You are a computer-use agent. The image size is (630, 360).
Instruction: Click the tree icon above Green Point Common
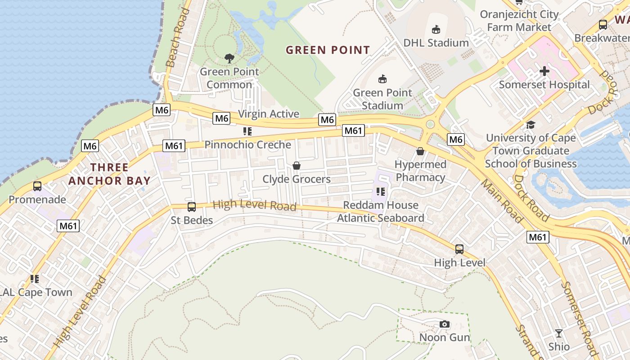coord(229,58)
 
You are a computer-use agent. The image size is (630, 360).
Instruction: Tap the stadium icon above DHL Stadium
coord(436,30)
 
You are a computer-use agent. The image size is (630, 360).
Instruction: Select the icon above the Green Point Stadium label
coord(382,79)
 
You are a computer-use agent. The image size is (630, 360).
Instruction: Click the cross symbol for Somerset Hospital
coord(544,71)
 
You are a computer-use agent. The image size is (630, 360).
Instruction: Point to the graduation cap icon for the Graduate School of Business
coord(531,125)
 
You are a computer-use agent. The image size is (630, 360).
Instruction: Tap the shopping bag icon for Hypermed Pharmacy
coord(420,151)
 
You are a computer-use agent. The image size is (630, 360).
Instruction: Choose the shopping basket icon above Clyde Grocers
coord(297,166)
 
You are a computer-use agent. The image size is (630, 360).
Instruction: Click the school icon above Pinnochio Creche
coord(247,131)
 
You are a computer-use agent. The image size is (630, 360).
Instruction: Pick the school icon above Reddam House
coord(381,192)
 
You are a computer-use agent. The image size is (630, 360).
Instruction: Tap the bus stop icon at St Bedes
coord(192,207)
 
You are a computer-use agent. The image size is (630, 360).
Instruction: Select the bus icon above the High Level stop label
coord(459,249)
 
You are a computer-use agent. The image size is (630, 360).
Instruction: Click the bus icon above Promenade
coord(37,186)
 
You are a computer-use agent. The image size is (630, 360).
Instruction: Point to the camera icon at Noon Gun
coord(445,324)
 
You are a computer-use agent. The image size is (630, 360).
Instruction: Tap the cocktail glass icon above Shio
coord(559,333)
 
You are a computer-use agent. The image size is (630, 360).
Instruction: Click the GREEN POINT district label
coord(328,50)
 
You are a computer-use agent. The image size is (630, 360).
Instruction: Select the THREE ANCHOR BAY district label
coord(109,174)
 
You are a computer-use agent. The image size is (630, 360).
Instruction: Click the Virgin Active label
coord(269,114)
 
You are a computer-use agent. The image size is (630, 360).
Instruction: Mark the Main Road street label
coord(502,201)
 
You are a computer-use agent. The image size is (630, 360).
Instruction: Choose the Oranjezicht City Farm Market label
coord(519,21)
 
